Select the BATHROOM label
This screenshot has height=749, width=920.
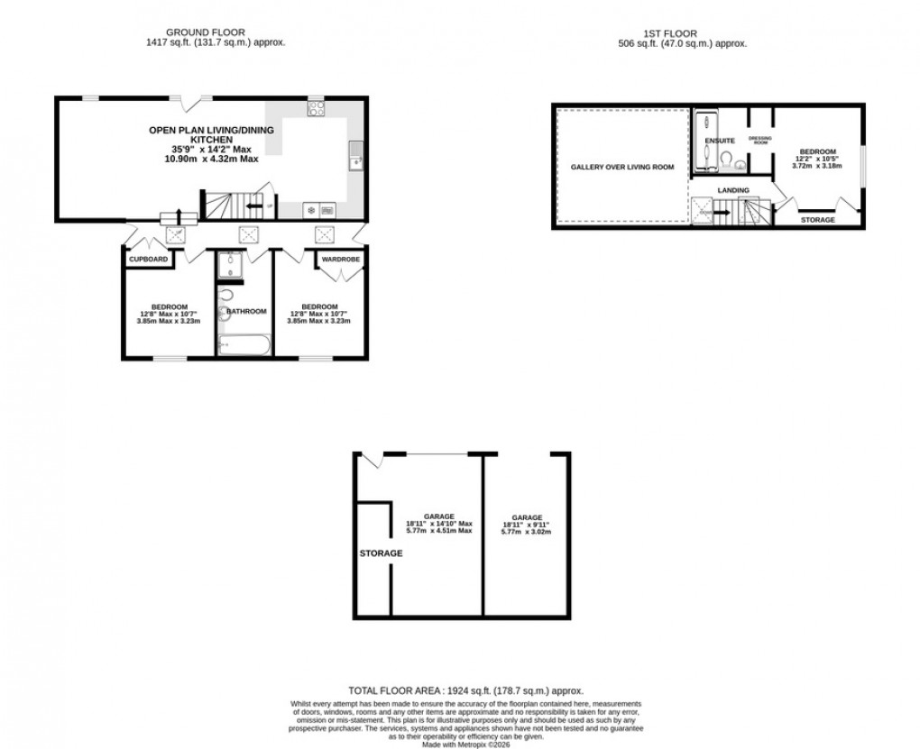coord(246,311)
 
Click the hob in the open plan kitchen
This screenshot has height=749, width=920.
coord(316,108)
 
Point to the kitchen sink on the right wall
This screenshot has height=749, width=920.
coord(355,154)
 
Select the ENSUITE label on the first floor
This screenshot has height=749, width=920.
coord(720,141)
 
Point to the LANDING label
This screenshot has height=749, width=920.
coord(732,190)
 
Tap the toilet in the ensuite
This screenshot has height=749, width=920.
coord(724,159)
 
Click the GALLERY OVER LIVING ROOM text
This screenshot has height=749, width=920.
coord(622,167)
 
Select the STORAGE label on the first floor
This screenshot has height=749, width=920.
coord(818,220)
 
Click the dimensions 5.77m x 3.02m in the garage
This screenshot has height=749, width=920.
coord(526,532)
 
